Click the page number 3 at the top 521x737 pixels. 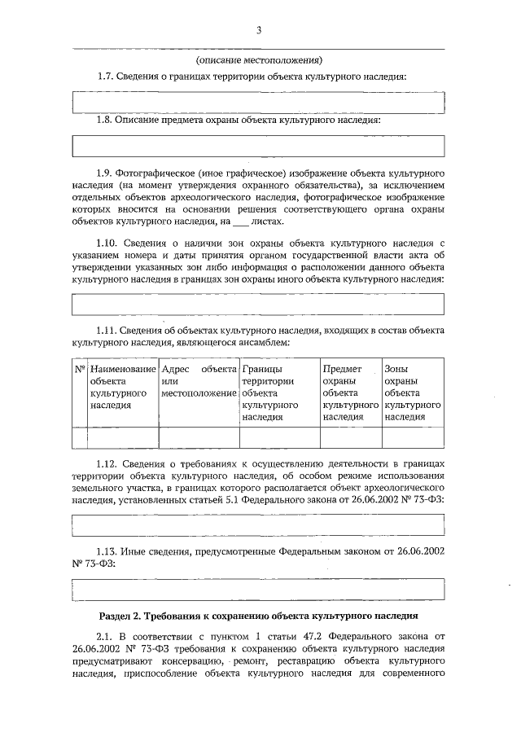[259, 31]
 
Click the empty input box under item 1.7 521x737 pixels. [259, 103]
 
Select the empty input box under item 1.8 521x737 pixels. [259, 146]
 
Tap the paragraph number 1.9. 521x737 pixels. [107, 173]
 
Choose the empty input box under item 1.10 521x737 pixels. [259, 304]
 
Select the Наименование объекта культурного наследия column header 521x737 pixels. [123, 392]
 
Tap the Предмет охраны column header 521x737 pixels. [350, 392]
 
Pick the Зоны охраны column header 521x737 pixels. [413, 392]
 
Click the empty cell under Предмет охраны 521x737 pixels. [350, 437]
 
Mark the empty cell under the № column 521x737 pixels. [80, 437]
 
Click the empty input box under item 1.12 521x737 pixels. [259, 525]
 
